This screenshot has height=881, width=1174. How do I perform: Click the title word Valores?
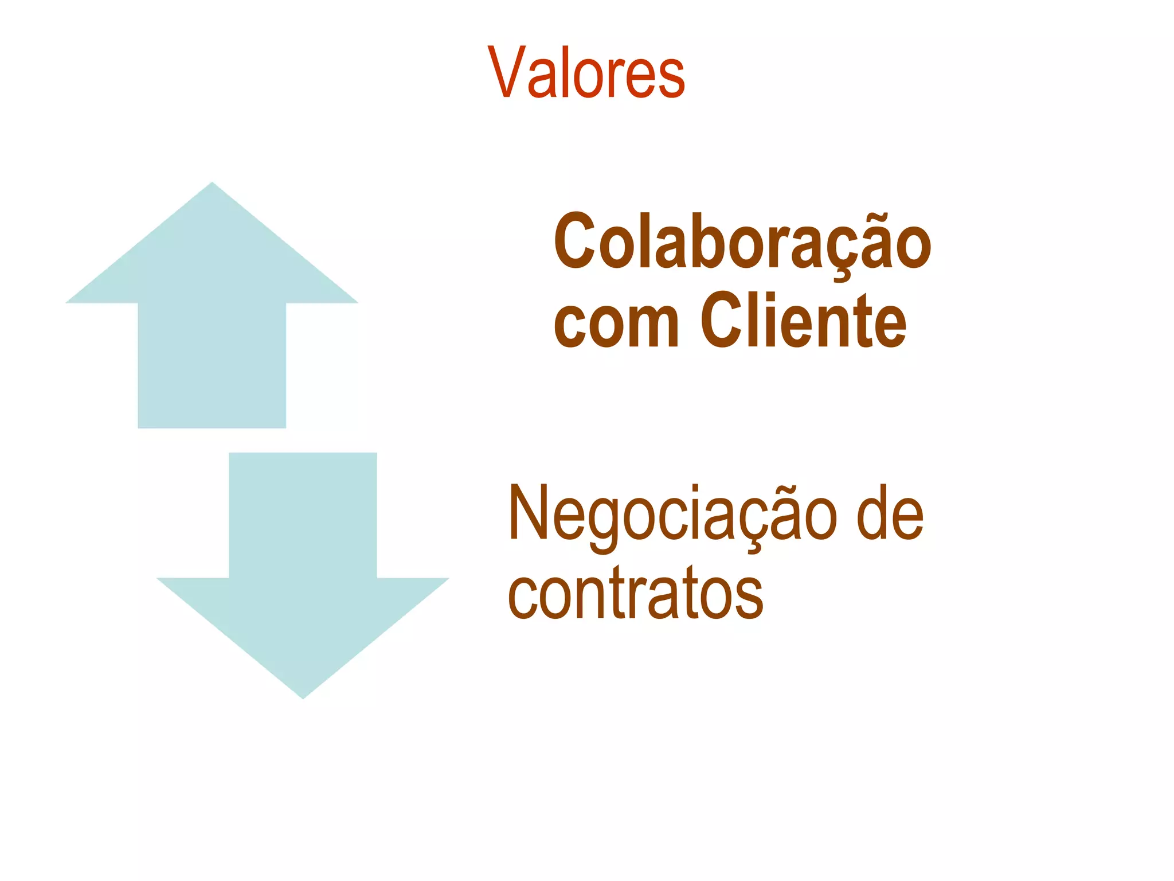tap(586, 73)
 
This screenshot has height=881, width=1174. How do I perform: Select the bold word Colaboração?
tap(742, 241)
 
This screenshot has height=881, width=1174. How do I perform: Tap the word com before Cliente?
tap(616, 322)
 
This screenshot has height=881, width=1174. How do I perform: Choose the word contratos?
tap(635, 593)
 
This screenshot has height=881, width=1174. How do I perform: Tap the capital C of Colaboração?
tap(577, 241)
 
